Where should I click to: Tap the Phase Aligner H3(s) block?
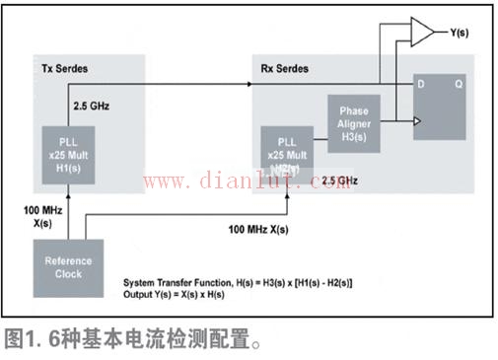pyautogui.click(x=353, y=121)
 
